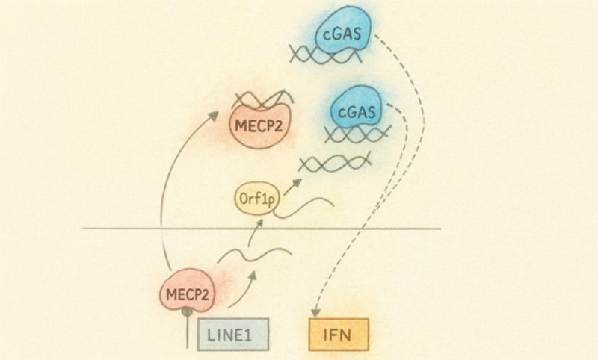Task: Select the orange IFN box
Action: pos(339,335)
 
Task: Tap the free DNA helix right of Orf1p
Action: pos(335,162)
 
